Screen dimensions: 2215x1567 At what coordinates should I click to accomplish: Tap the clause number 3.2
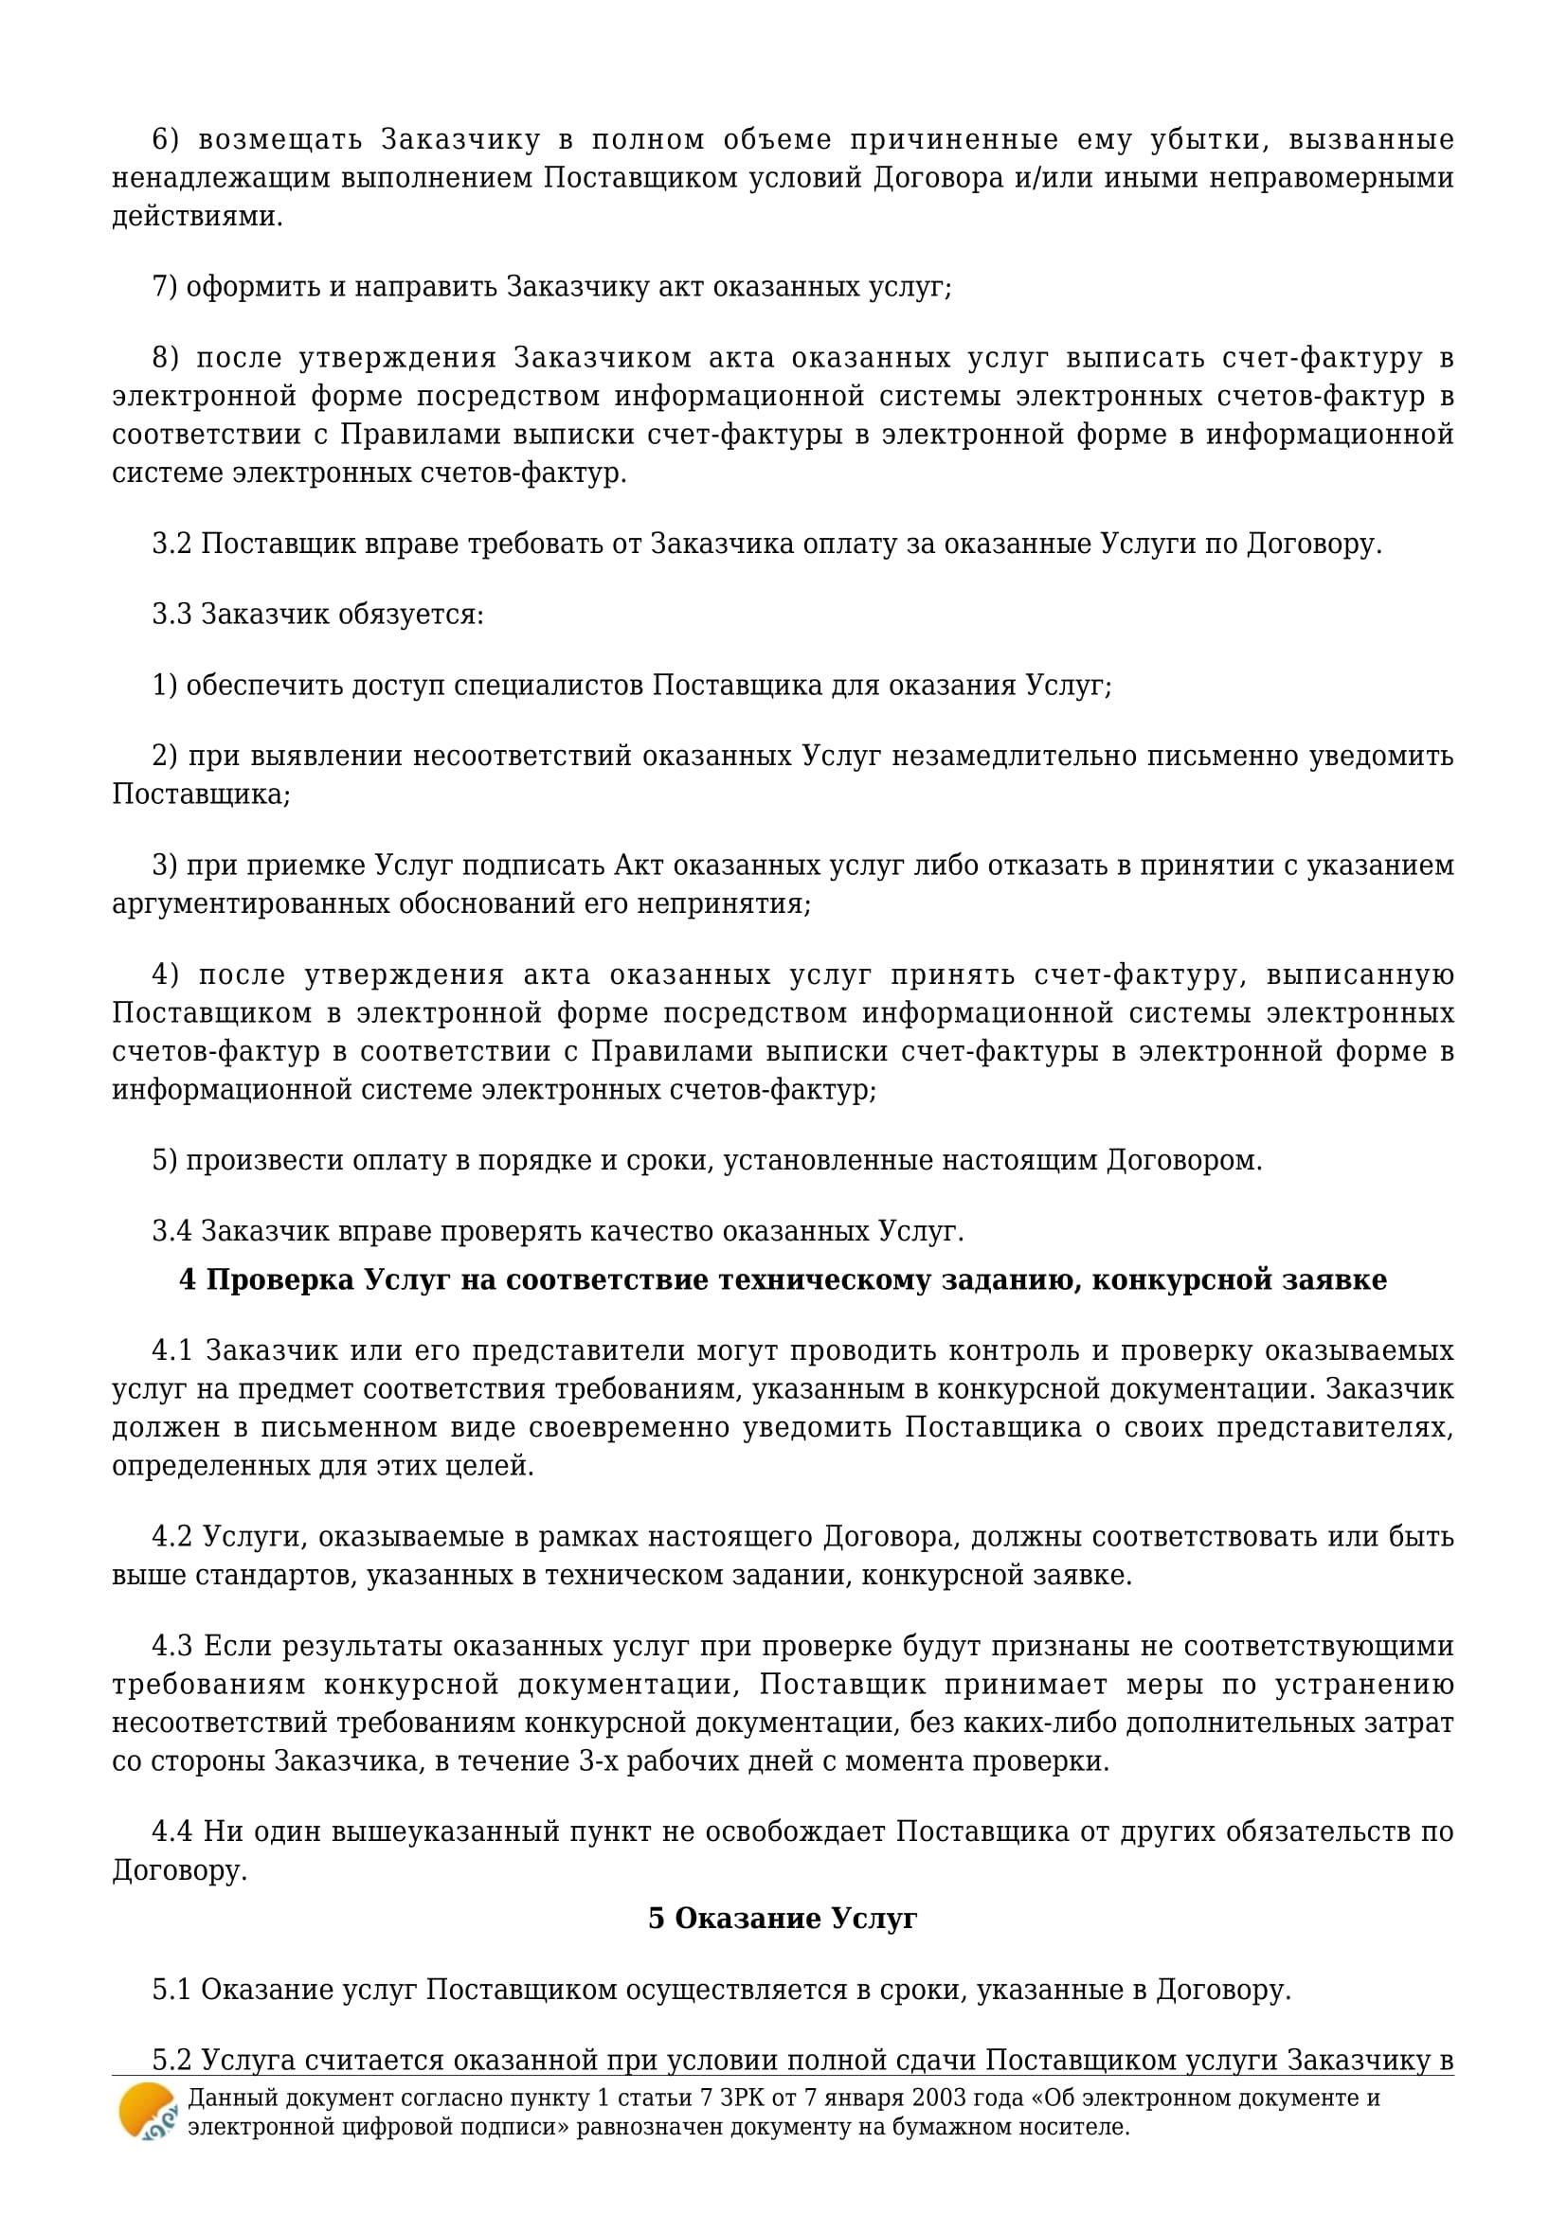click(x=172, y=545)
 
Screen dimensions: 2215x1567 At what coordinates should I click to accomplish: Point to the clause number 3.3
click(x=172, y=615)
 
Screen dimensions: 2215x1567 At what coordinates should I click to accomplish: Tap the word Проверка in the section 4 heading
click(x=280, y=1280)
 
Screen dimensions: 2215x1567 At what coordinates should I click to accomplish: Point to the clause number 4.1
click(x=173, y=1350)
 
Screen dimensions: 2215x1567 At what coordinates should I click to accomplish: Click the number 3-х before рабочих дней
click(x=599, y=1761)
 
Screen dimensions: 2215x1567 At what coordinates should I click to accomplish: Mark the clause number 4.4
click(x=173, y=1832)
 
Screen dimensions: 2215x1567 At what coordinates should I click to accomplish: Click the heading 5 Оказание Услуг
click(x=783, y=1919)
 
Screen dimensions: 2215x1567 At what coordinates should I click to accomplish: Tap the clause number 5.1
click(x=172, y=1990)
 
